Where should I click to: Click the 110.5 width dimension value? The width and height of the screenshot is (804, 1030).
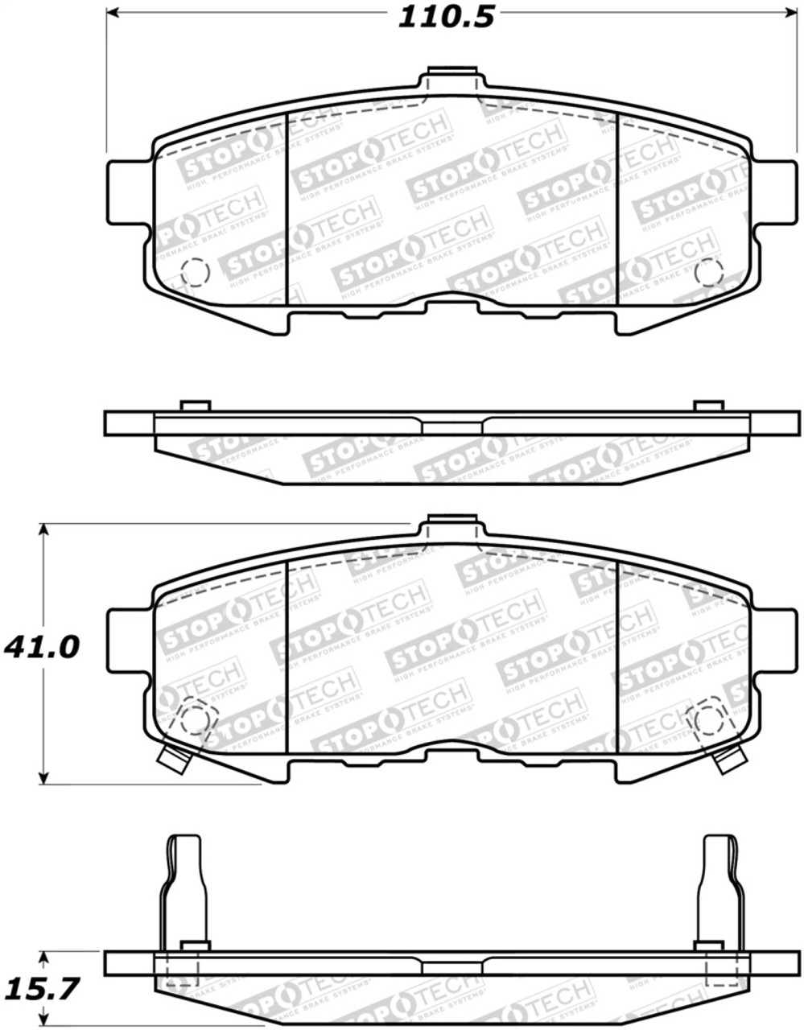447,16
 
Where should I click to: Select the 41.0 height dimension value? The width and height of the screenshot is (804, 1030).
42,646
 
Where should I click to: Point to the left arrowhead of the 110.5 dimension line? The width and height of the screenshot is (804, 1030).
113,13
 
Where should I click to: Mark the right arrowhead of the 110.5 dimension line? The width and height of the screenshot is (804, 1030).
790,13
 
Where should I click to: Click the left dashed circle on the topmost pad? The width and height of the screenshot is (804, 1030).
195,273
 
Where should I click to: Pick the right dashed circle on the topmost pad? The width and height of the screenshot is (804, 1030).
708,273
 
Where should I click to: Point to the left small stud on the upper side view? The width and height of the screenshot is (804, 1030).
195,406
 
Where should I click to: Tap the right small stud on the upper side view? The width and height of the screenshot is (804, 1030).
708,406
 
